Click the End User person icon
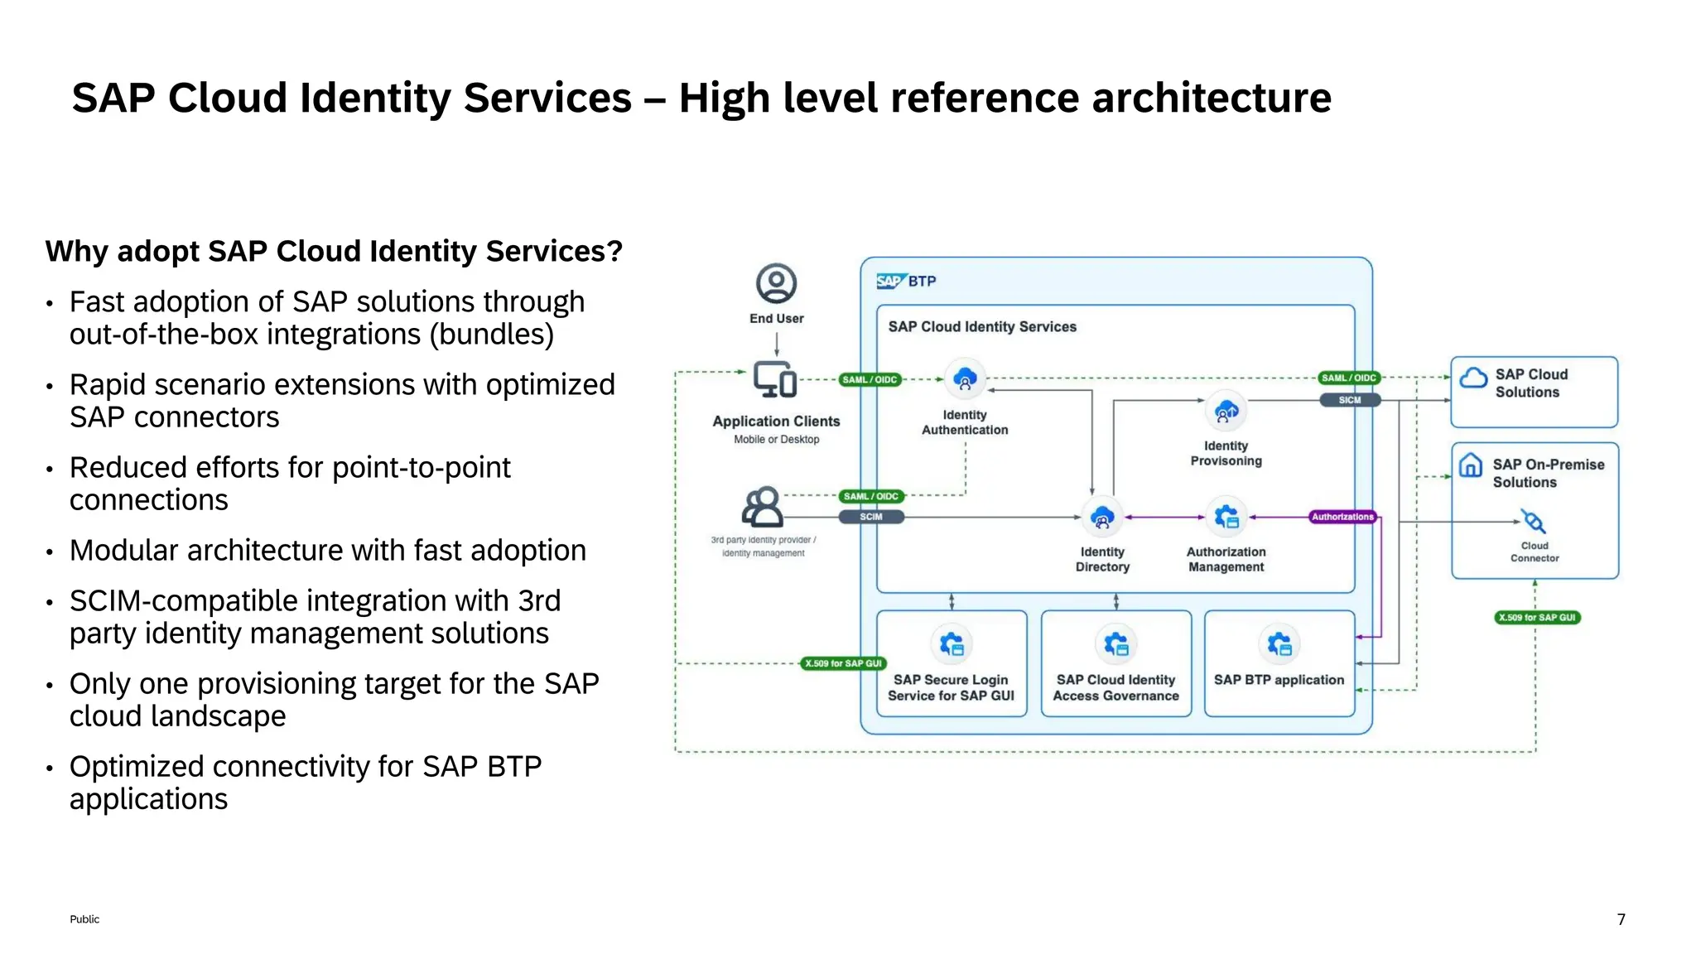(776, 284)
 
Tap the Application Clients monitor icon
(775, 380)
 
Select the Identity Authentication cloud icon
(965, 380)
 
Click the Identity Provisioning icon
(1226, 411)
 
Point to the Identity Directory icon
(1101, 518)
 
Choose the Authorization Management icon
(1226, 518)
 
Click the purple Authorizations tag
(1342, 517)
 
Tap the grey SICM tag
(1349, 400)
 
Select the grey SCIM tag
(870, 517)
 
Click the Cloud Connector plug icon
(1534, 522)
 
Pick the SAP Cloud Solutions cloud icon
(1473, 378)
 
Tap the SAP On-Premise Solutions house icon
(1470, 465)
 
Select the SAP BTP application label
(1279, 680)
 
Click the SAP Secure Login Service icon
(952, 644)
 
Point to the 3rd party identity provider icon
(763, 507)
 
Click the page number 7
(1621, 919)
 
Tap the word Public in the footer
(84, 919)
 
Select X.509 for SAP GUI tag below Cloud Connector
(1537, 618)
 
